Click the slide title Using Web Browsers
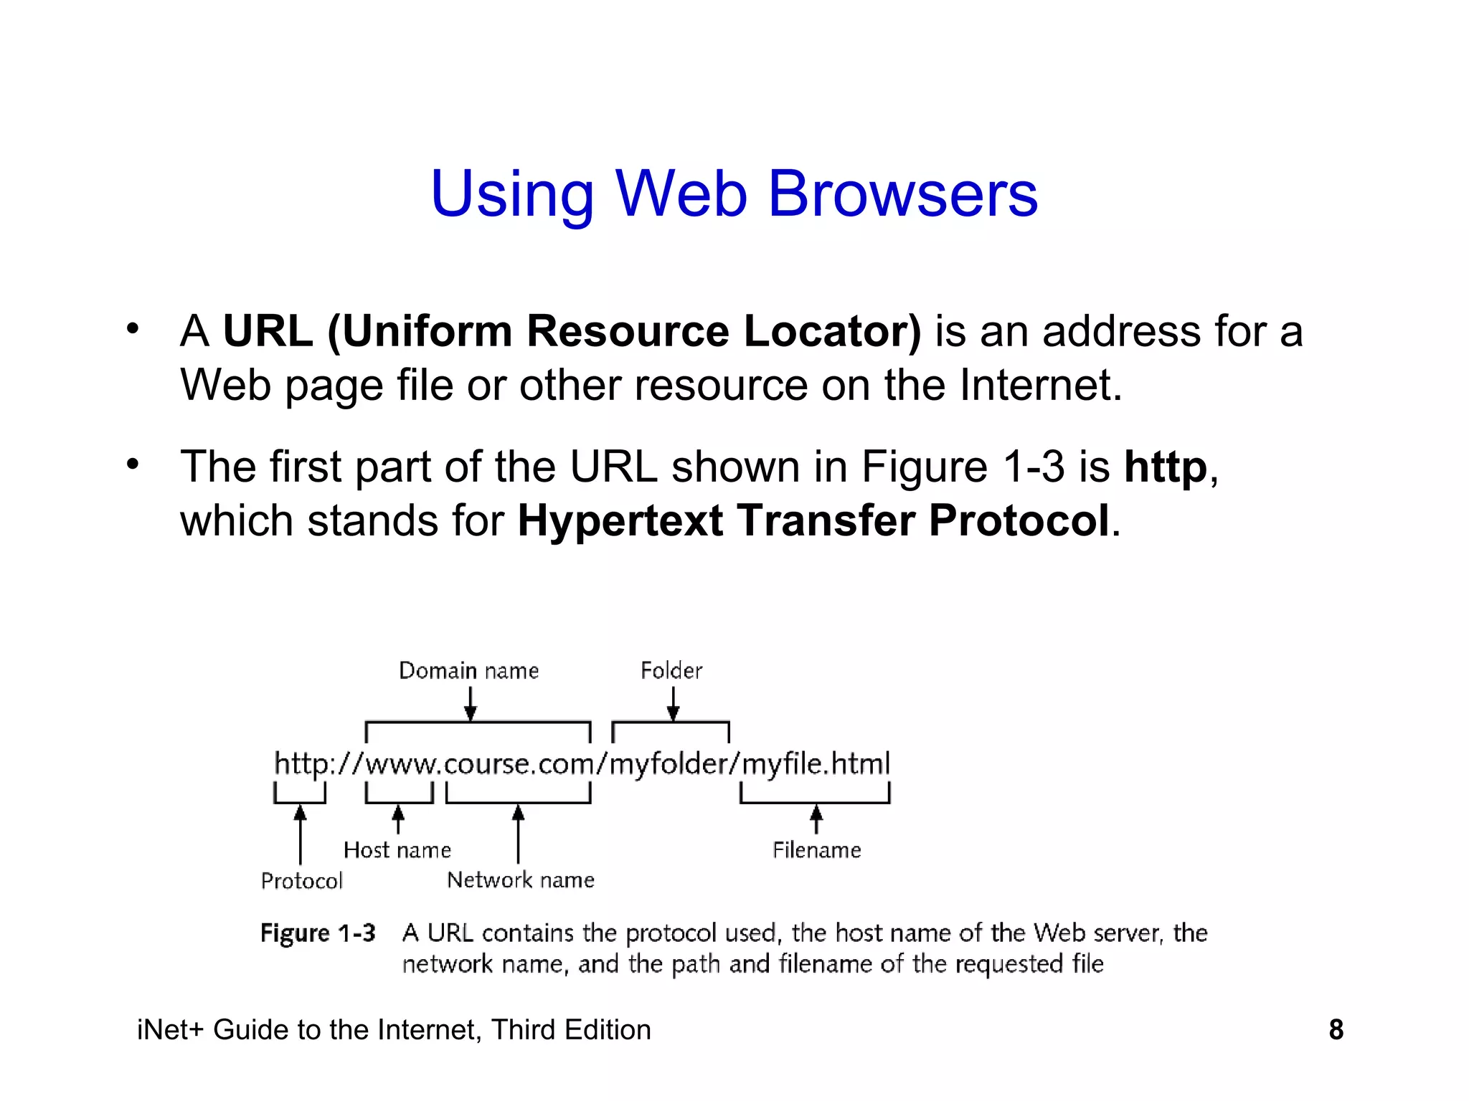(x=734, y=194)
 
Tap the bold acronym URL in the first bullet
(x=268, y=331)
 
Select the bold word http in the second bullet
(x=1166, y=467)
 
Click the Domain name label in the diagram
(x=468, y=671)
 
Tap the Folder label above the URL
(x=671, y=671)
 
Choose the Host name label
(x=397, y=850)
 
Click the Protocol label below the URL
(x=302, y=881)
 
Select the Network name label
(x=521, y=880)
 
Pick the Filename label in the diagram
(x=817, y=850)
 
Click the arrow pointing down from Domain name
(x=471, y=704)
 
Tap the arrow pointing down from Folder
(x=673, y=704)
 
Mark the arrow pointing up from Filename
(x=816, y=819)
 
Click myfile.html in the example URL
(x=816, y=764)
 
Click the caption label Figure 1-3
(x=318, y=933)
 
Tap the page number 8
(x=1336, y=1030)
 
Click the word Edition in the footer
(x=608, y=1030)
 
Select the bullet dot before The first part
(x=133, y=465)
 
